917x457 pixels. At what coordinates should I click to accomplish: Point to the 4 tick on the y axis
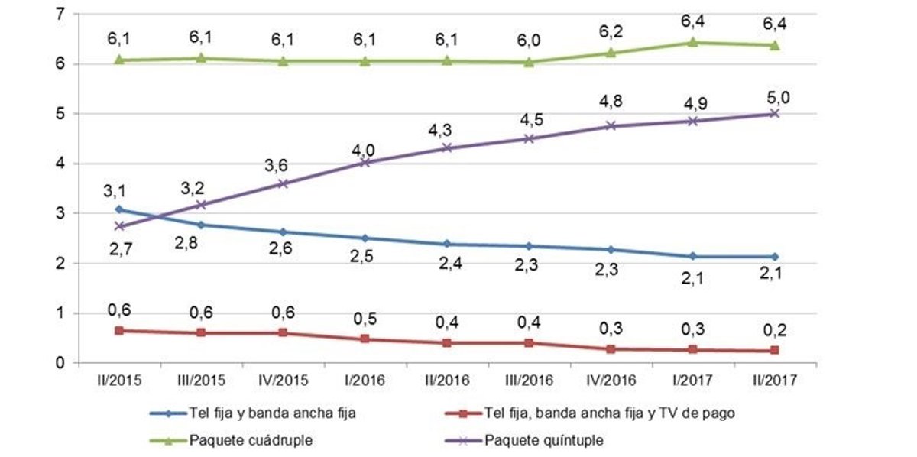(60, 164)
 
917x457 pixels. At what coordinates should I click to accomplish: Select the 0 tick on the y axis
(60, 363)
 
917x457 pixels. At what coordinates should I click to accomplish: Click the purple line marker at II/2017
(774, 113)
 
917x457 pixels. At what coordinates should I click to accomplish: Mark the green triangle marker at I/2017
(692, 43)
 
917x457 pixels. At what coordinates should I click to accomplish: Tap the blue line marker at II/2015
(119, 209)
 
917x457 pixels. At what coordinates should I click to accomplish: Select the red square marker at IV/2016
(611, 349)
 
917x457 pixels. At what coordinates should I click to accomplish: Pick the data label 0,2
(775, 331)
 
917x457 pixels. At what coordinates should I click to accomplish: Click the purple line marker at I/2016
(365, 162)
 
